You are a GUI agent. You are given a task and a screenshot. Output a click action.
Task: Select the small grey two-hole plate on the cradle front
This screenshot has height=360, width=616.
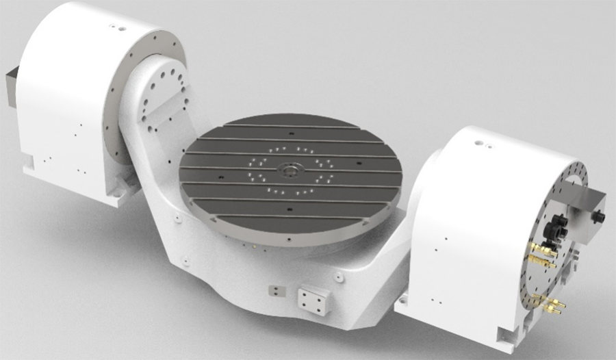tap(274, 290)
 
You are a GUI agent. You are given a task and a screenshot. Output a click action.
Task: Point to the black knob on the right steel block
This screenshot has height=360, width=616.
tap(600, 217)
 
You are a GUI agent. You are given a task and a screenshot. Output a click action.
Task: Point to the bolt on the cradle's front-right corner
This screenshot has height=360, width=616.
tap(339, 277)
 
